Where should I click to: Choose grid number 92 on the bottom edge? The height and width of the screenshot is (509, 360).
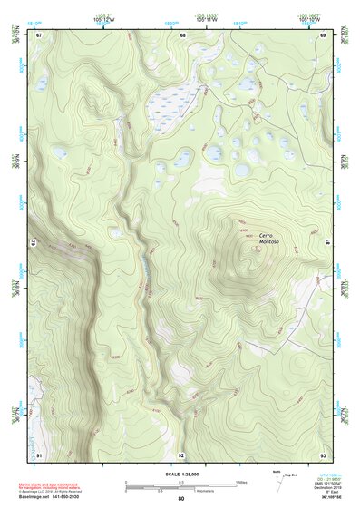[181, 455]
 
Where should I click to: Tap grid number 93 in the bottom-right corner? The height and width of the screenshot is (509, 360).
[323, 454]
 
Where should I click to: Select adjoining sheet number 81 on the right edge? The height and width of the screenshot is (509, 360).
[329, 242]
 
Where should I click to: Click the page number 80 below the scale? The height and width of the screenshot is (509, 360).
[181, 499]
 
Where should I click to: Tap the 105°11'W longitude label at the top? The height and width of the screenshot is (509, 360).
[205, 17]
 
